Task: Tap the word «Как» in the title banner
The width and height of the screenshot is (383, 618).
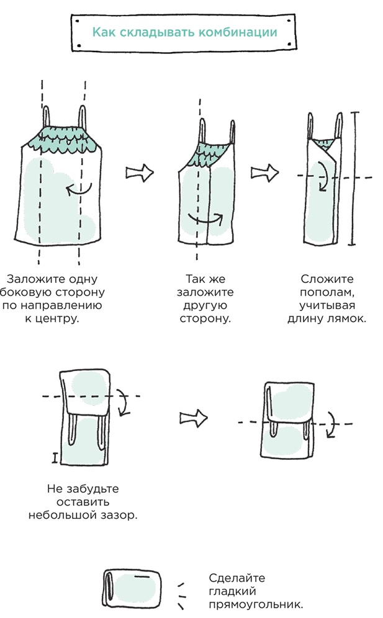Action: (104, 32)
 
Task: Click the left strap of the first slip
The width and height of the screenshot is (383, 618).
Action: (38, 118)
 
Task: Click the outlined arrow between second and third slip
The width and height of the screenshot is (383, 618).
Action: (262, 172)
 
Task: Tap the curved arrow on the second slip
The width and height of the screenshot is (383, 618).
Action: (205, 220)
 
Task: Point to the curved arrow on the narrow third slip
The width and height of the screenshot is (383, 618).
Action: (322, 177)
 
